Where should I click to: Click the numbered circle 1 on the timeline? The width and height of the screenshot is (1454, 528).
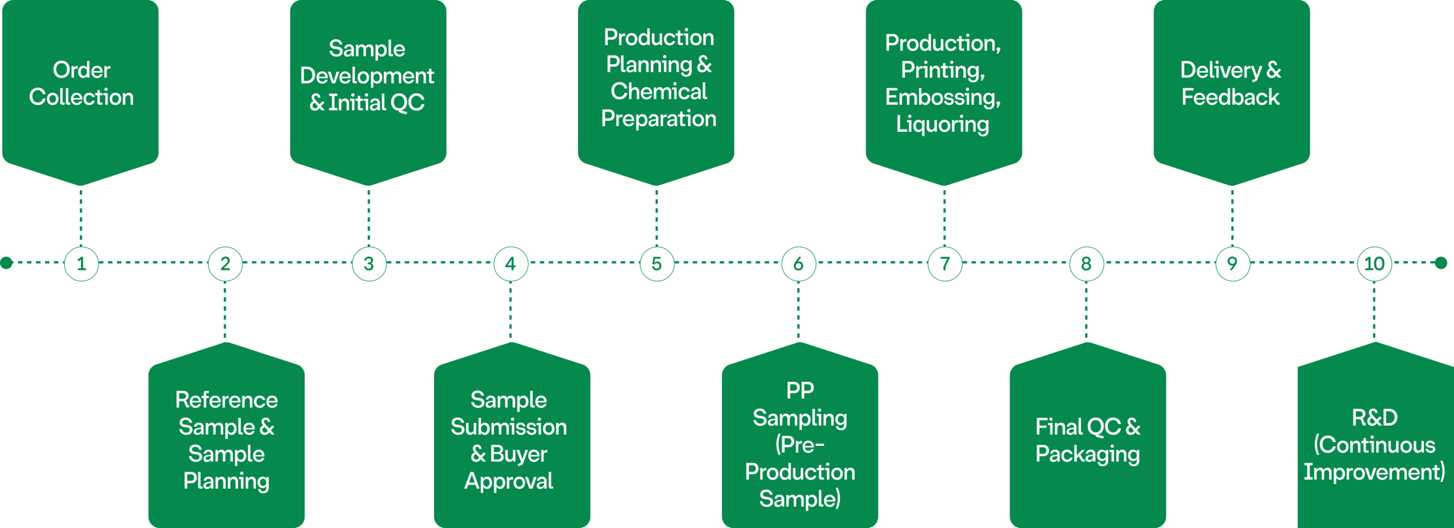[81, 264]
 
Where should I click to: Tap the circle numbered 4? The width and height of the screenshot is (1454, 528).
[510, 264]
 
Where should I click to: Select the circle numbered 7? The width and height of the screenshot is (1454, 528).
[945, 264]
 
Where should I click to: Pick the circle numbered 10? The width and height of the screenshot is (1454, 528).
[1374, 264]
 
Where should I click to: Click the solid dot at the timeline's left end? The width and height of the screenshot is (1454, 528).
[7, 263]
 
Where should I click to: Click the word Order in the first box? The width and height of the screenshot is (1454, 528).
[81, 70]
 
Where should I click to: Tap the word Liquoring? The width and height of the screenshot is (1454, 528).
[942, 124]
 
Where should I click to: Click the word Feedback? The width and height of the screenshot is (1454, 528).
[1230, 97]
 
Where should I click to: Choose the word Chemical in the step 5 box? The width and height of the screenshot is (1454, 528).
[658, 92]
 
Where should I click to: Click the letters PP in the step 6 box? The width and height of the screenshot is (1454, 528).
[800, 390]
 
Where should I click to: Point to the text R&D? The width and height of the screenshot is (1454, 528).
[1374, 418]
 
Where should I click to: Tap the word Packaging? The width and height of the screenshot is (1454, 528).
[1087, 454]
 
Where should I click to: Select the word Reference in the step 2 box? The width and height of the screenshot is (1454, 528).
[226, 400]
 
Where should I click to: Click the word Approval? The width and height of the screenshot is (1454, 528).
[508, 481]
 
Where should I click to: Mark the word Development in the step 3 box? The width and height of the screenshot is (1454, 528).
[367, 76]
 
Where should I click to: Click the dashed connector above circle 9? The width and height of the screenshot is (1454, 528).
[1232, 216]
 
